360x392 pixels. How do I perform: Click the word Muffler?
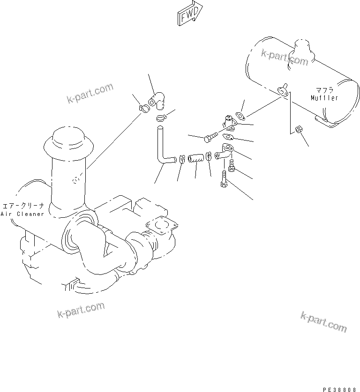tap(324, 98)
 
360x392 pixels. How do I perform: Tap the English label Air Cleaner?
tap(22, 214)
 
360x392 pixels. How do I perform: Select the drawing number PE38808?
tap(339, 389)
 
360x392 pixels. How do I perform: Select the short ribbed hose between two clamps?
tap(196, 159)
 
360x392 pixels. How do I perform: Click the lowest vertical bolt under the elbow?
tap(224, 179)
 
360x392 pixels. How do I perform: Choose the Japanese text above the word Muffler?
tap(324, 89)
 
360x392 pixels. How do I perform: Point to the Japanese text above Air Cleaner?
tap(22, 206)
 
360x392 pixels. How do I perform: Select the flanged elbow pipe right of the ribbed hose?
tap(224, 153)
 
